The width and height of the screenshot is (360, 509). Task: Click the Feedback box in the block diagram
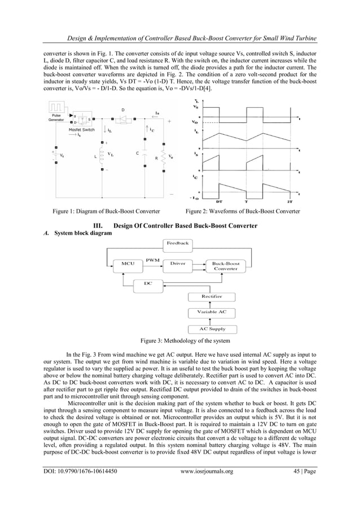(178, 243)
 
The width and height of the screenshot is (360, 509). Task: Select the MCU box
(128, 264)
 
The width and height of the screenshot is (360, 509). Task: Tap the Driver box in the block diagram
(178, 264)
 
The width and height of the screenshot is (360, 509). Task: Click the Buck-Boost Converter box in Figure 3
(226, 266)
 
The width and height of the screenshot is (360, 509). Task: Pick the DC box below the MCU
(148, 283)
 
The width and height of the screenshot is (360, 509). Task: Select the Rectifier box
(212, 296)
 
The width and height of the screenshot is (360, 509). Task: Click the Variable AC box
(212, 312)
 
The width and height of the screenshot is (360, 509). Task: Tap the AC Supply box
(212, 328)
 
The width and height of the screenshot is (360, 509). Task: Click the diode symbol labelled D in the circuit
(124, 120)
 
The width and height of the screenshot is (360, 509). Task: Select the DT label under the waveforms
(219, 200)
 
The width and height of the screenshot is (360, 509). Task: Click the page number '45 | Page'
(300, 487)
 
